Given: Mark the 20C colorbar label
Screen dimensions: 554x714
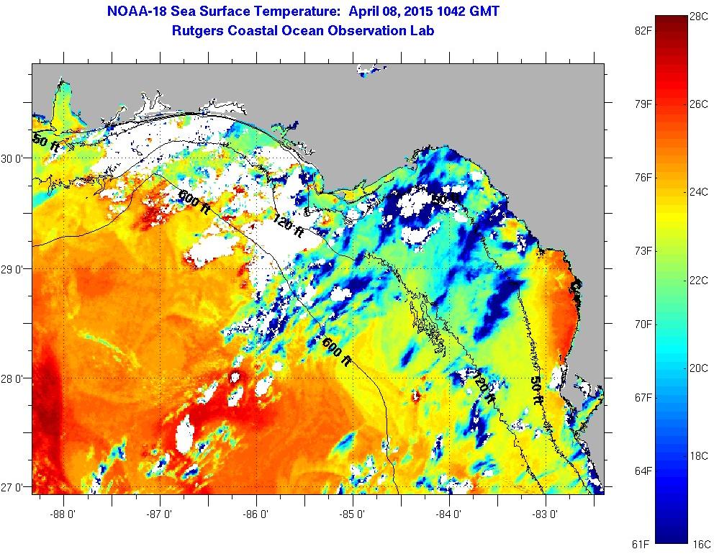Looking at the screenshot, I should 698,367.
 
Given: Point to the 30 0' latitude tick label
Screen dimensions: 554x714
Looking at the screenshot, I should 16,159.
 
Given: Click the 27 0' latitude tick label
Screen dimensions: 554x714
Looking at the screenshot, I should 16,488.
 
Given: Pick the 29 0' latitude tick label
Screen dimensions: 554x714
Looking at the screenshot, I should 16,269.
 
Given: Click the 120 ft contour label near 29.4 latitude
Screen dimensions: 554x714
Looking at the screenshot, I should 290,226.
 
